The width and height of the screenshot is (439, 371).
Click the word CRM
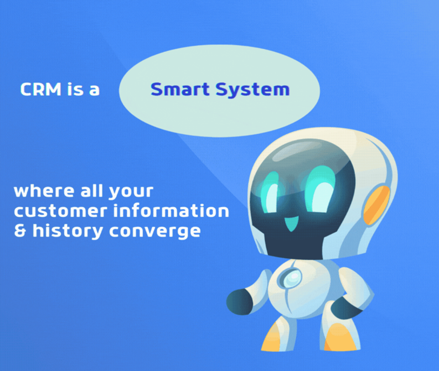(x=41, y=90)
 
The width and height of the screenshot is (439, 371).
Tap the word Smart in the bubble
(x=180, y=90)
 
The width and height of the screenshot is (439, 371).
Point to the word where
(x=44, y=191)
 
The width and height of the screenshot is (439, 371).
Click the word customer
(x=60, y=211)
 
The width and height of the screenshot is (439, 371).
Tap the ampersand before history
(x=19, y=231)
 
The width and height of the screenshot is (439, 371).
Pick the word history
(x=68, y=232)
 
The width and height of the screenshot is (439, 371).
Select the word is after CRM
(x=75, y=90)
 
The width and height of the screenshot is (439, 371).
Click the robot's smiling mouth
(x=291, y=224)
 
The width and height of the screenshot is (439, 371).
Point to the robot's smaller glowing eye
(x=270, y=192)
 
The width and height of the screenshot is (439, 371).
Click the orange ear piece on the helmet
(x=376, y=206)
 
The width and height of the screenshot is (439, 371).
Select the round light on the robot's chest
(x=291, y=278)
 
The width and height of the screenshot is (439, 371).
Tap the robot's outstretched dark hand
(x=240, y=302)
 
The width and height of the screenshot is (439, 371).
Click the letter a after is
(x=94, y=91)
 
